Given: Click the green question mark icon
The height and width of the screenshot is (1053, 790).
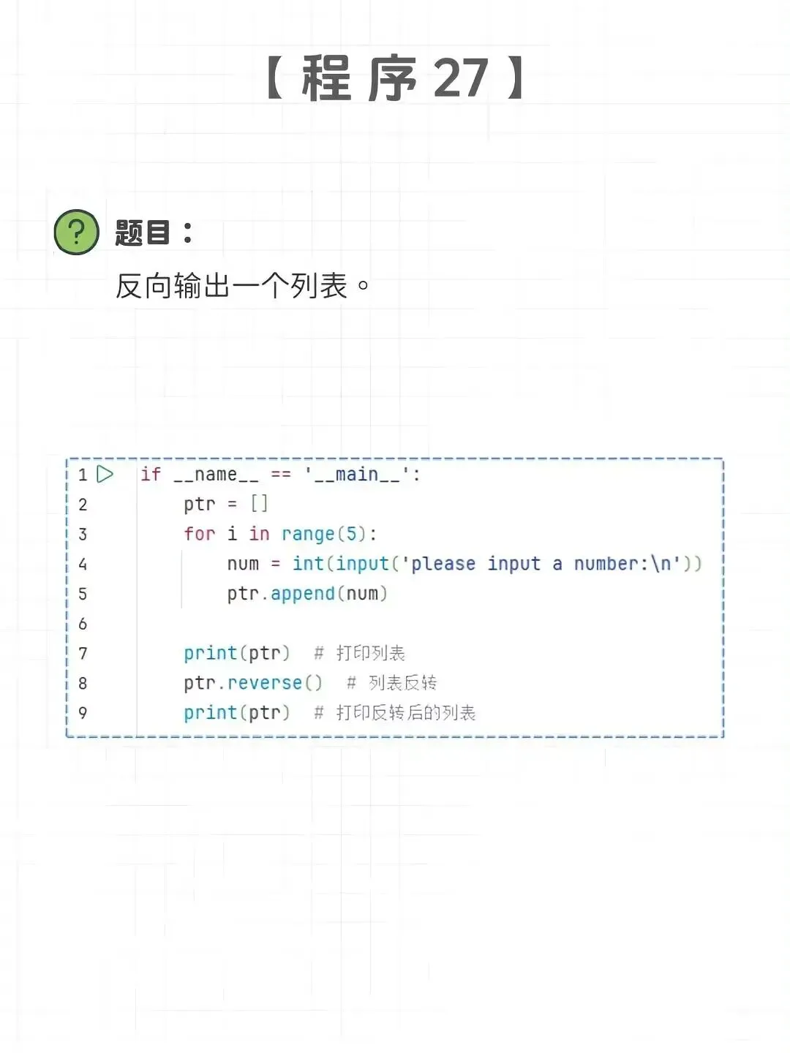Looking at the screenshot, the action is [x=76, y=233].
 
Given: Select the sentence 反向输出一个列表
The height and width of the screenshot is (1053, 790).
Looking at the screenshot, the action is [x=232, y=286].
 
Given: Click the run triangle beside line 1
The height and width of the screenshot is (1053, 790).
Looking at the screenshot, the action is [x=105, y=474].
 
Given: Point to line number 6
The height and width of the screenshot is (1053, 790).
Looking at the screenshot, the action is [x=83, y=624].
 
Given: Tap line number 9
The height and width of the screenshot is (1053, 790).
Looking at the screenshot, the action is [x=83, y=713].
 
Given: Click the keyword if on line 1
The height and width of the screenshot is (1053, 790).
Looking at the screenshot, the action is [x=151, y=474].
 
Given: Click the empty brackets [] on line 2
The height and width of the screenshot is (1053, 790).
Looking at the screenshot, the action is [x=259, y=504].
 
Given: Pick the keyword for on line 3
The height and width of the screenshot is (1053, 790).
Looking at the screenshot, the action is [x=199, y=534].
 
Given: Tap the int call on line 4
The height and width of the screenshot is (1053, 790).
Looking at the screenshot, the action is [x=308, y=564].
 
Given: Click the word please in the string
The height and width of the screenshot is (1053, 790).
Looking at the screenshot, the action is [x=443, y=564].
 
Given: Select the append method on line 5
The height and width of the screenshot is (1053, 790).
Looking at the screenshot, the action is [x=302, y=594].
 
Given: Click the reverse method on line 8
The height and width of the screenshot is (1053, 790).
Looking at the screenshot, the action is [x=265, y=683].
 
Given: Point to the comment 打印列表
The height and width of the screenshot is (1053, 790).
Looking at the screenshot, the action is [x=370, y=653].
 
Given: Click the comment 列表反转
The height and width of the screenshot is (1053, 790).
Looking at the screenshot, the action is [x=402, y=683].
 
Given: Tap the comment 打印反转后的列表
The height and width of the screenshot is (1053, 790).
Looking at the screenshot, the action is [x=405, y=713].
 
